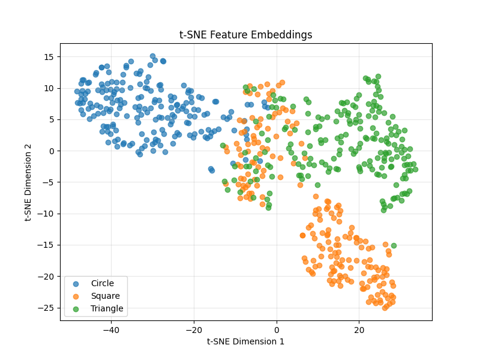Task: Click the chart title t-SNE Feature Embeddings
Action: click(245, 35)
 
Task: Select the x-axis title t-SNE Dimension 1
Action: click(245, 341)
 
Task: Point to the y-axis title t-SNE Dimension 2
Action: click(28, 182)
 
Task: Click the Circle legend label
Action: click(102, 283)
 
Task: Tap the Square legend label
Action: click(105, 296)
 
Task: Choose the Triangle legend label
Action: click(107, 309)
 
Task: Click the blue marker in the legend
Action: click(76, 283)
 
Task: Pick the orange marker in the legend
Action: click(76, 296)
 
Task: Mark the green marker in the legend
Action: click(76, 309)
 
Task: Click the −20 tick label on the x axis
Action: click(194, 329)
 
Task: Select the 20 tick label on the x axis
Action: click(359, 329)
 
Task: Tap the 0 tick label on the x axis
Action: click(277, 329)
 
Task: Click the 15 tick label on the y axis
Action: click(49, 57)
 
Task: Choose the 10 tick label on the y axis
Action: click(49, 88)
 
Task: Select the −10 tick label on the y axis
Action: click(46, 214)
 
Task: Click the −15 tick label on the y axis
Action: click(46, 245)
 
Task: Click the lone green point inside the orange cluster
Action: click(394, 245)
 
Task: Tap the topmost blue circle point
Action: click(152, 56)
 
